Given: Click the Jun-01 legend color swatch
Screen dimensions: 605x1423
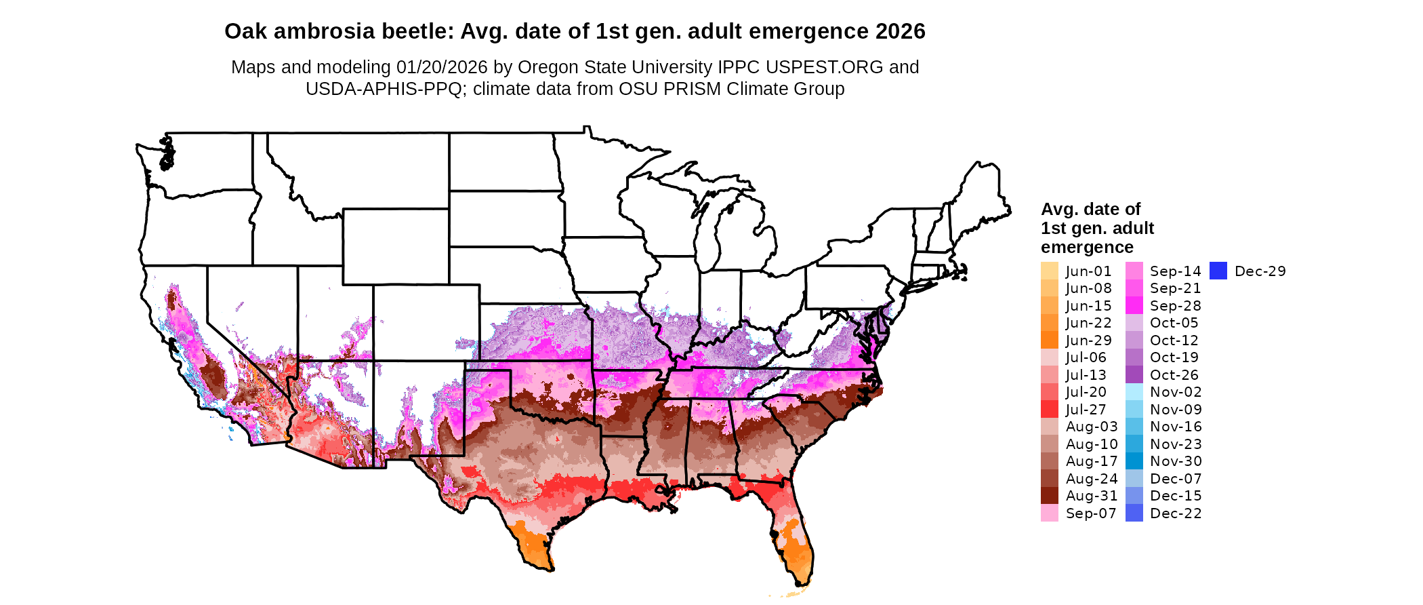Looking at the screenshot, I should (x=1049, y=271).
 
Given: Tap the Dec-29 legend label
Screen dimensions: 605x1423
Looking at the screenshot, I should (x=1260, y=271).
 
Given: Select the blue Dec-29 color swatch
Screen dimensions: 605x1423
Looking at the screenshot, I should (x=1218, y=271).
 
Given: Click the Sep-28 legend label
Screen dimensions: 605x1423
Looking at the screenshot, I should (x=1175, y=306).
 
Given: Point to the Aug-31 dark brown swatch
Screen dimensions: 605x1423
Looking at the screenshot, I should (x=1049, y=496).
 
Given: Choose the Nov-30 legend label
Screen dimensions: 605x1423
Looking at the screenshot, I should (x=1176, y=461).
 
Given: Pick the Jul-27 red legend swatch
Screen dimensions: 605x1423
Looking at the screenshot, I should (x=1049, y=409).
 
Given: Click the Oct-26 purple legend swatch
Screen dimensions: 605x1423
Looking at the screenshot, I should (x=1134, y=374).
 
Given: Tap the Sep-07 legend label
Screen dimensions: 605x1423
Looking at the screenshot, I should (x=1090, y=513).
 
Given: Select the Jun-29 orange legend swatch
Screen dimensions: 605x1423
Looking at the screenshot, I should (x=1049, y=340).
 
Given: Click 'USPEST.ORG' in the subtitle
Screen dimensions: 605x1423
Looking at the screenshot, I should (x=824, y=67).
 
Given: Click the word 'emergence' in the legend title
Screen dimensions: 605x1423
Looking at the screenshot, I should (x=1087, y=247).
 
